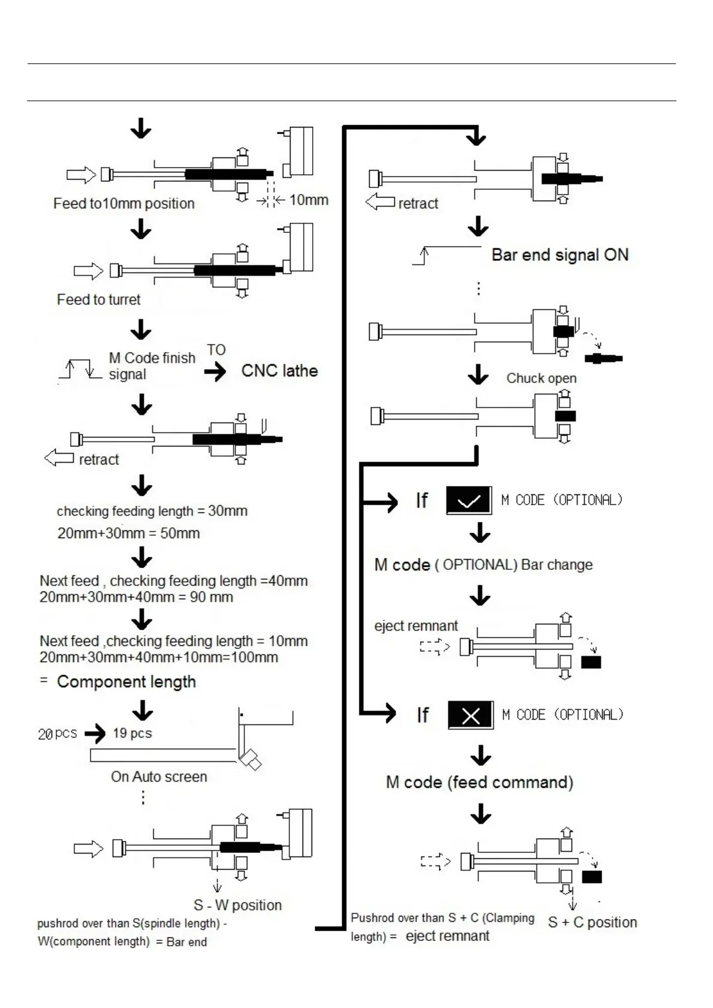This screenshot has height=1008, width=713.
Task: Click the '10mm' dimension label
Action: pyautogui.click(x=309, y=200)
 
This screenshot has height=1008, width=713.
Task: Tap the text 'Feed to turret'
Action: pyautogui.click(x=99, y=299)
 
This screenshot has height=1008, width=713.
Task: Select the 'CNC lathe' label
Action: pyautogui.click(x=279, y=371)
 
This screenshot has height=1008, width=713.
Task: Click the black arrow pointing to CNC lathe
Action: pyautogui.click(x=215, y=372)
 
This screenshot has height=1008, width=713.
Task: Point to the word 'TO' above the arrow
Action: pyautogui.click(x=216, y=350)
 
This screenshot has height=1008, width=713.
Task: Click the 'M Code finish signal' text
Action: pyautogui.click(x=152, y=366)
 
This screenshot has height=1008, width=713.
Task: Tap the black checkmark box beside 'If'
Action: pyautogui.click(x=469, y=500)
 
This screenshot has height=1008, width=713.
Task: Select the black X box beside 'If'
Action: pyautogui.click(x=471, y=715)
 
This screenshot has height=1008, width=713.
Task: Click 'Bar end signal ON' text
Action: pyautogui.click(x=560, y=255)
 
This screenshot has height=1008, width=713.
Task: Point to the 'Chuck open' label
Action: pyautogui.click(x=541, y=378)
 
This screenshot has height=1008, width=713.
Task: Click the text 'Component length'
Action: pyautogui.click(x=126, y=682)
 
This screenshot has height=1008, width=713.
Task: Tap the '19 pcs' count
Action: pyautogui.click(x=132, y=733)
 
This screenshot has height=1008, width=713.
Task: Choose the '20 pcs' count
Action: pyautogui.click(x=58, y=734)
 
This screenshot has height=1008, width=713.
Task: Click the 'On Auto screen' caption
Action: pyautogui.click(x=159, y=777)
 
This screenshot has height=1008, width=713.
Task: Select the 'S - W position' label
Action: pyautogui.click(x=237, y=905)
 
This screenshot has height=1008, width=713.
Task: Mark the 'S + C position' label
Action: pyautogui.click(x=593, y=922)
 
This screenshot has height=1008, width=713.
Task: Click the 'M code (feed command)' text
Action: pyautogui.click(x=479, y=782)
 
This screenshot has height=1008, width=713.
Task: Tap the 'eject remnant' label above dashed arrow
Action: pyautogui.click(x=416, y=626)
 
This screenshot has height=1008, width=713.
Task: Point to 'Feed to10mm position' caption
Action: pyautogui.click(x=124, y=204)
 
